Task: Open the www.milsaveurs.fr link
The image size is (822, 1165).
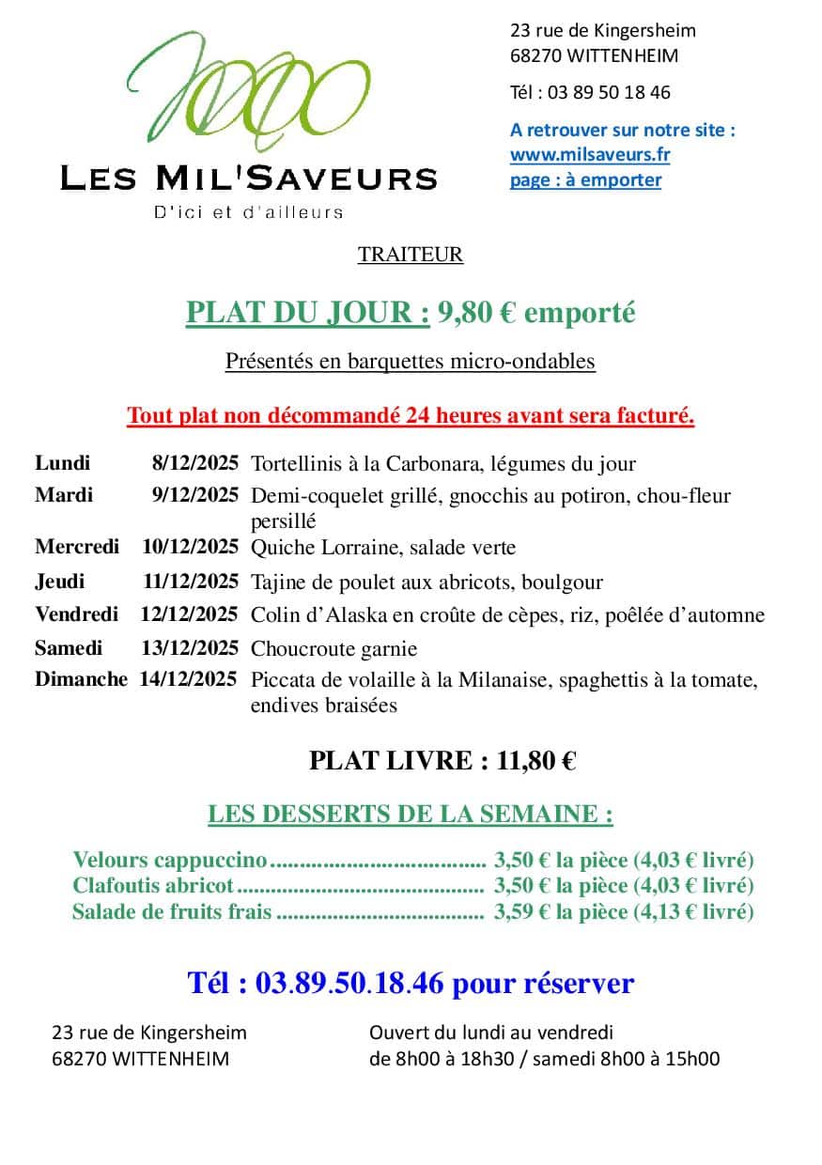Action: pyautogui.click(x=589, y=155)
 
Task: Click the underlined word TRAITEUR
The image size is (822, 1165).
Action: pyautogui.click(x=411, y=255)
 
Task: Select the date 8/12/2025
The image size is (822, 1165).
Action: pyautogui.click(x=195, y=463)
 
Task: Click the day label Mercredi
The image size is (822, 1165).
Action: pyautogui.click(x=76, y=547)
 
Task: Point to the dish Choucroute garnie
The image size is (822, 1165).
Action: pyautogui.click(x=333, y=649)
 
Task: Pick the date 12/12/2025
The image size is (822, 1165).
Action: pyautogui.click(x=189, y=615)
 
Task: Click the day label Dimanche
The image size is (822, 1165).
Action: pyautogui.click(x=81, y=679)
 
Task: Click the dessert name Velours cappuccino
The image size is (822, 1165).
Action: pyautogui.click(x=170, y=860)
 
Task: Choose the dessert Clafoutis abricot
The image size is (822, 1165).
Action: pyautogui.click(x=153, y=885)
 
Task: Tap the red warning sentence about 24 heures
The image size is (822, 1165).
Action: pyautogui.click(x=411, y=415)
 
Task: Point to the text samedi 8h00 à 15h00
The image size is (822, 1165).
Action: pyautogui.click(x=639, y=1059)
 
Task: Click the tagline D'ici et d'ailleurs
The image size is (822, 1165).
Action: pyautogui.click(x=248, y=212)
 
